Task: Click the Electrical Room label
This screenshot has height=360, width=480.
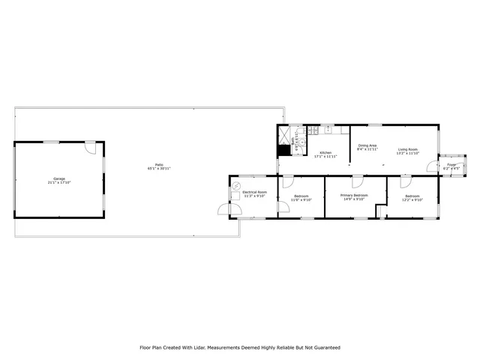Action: tap(254, 193)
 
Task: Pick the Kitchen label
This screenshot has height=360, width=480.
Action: tap(326, 152)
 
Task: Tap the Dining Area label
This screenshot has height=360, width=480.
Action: tap(367, 145)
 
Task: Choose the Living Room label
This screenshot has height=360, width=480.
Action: tap(408, 149)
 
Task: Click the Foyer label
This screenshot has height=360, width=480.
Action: tap(451, 164)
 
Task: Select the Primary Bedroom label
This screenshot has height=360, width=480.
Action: tap(354, 195)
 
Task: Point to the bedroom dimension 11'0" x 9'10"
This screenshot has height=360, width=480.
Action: tap(300, 200)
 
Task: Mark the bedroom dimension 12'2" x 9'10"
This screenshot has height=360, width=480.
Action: tap(412, 200)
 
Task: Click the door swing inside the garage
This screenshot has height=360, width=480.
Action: tap(88, 148)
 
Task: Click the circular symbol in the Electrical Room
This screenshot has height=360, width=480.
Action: tap(236, 185)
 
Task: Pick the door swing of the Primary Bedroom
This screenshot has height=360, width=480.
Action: tap(358, 182)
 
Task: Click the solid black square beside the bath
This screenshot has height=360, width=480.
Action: tap(283, 150)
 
